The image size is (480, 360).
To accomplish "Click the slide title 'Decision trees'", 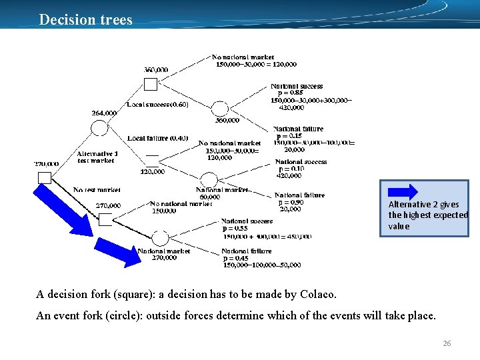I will point(85,19).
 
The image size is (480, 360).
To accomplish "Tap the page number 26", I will point(447,343).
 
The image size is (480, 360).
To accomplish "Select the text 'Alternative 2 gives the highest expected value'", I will point(427,215).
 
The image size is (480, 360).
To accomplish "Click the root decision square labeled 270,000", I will point(45,177).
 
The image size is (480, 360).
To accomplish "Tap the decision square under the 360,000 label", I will point(151,84).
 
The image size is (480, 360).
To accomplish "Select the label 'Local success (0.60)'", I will point(158,105).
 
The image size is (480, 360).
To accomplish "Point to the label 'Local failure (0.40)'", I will point(157,138).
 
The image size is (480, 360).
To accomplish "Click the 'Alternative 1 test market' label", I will point(97,157).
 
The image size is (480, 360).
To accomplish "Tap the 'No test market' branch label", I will point(97,190).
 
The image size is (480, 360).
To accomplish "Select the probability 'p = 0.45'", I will point(235,258).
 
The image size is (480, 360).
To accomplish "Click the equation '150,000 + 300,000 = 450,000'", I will point(267,236).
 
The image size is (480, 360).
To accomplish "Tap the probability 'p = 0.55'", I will point(235,229).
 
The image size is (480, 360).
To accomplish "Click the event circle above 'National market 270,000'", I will point(160,237).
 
